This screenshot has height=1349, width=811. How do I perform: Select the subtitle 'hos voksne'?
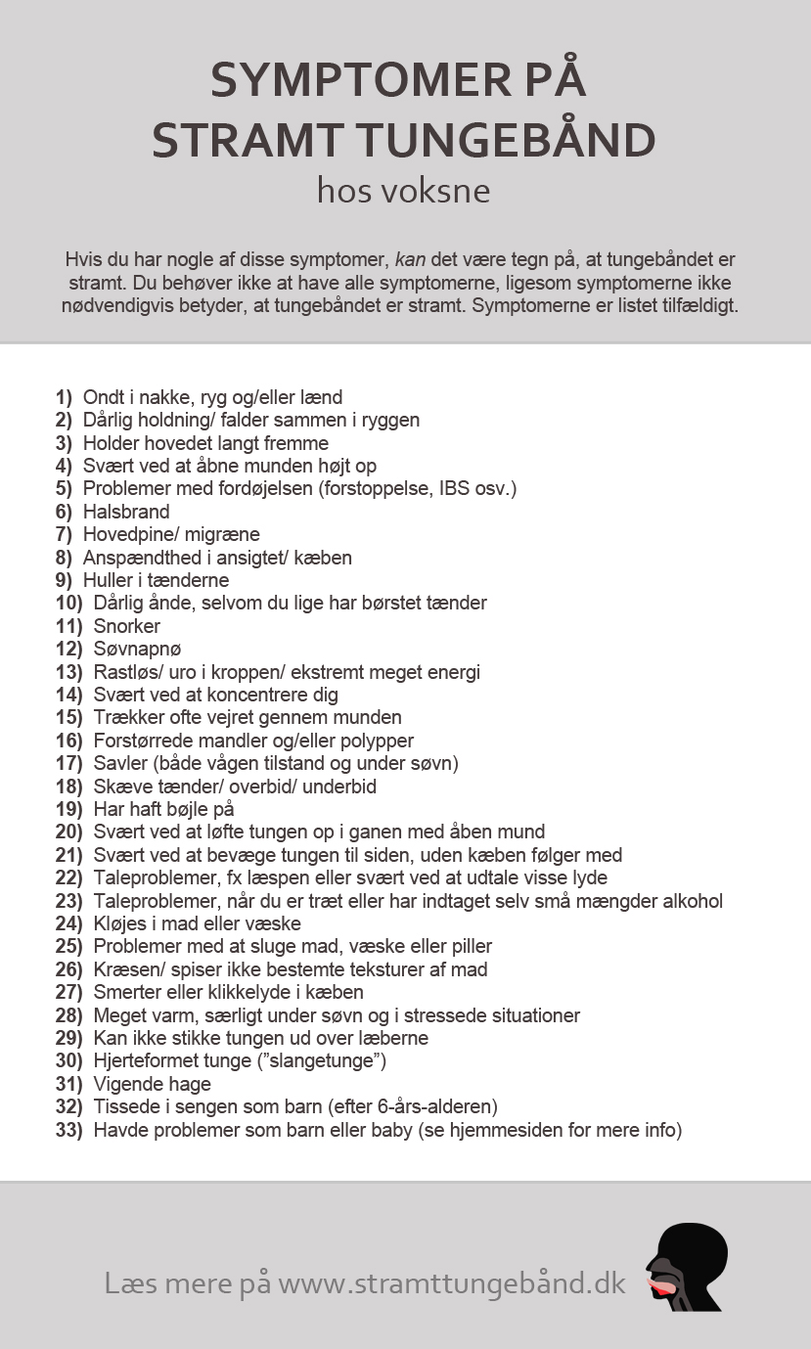403,190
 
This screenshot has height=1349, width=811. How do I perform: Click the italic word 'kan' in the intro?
410,260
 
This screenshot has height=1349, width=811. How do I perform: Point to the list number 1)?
64,397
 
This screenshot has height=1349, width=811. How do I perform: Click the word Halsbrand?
126,512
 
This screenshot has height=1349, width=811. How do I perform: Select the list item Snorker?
127,626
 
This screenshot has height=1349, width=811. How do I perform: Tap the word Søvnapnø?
137,649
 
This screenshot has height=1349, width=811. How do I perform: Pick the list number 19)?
68,809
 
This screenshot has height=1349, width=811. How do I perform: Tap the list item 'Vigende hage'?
152,1084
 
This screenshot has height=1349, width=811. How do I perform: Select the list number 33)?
68,1130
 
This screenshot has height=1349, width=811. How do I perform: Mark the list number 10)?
68,603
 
